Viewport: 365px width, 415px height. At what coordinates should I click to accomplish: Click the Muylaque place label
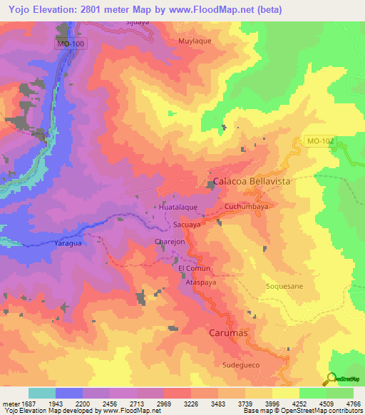[195, 42]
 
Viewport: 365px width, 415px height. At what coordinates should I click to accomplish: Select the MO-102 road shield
[321, 142]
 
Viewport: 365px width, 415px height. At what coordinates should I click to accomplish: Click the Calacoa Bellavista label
[252, 182]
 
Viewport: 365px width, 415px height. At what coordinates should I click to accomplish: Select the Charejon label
[170, 242]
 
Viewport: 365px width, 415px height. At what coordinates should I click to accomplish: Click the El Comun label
[191, 269]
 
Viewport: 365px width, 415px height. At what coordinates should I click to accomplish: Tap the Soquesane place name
[284, 286]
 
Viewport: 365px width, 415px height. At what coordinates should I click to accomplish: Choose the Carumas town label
[230, 333]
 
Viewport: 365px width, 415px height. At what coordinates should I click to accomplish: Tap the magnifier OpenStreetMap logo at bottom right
[331, 378]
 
